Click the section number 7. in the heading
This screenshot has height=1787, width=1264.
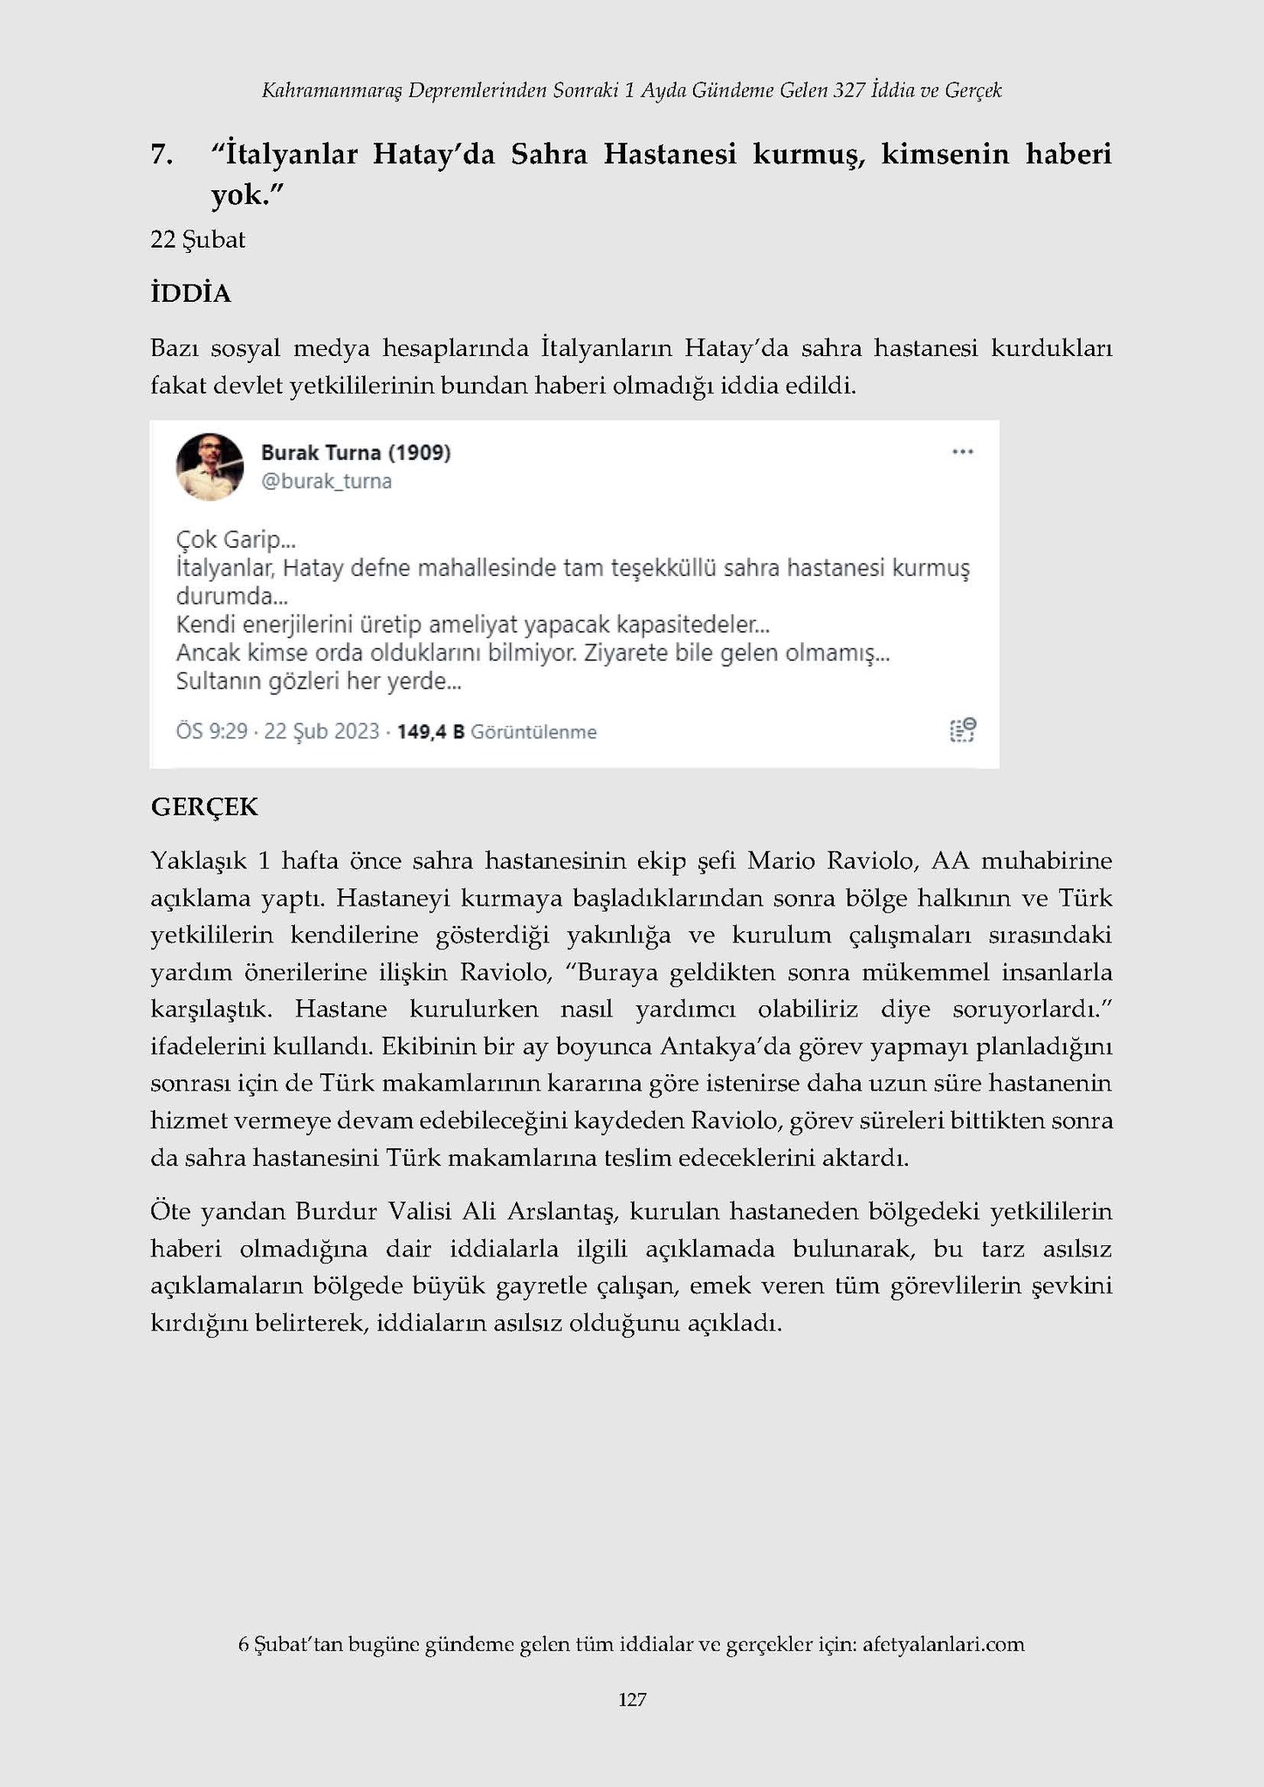point(161,154)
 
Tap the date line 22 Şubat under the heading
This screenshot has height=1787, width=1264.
point(197,239)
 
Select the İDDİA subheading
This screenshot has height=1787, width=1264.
point(190,293)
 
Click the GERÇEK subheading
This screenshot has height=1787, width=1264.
point(204,806)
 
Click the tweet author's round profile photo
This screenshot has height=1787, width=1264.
point(210,467)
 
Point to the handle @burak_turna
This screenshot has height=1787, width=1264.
point(326,482)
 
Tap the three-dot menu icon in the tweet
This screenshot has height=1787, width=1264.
point(962,452)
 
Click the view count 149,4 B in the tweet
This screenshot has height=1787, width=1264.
point(430,731)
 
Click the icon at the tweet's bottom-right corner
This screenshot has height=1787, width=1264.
point(962,730)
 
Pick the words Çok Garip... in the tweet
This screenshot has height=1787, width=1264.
point(236,539)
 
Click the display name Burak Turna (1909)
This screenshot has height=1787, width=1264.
point(355,452)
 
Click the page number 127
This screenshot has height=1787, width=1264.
point(632,1699)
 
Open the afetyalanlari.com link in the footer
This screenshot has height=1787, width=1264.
point(943,1644)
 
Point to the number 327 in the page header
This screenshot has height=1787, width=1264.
point(848,90)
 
